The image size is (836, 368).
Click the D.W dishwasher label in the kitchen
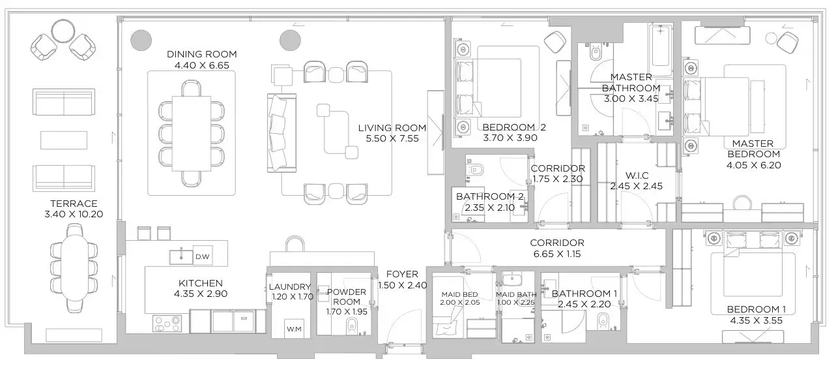tap(203, 256)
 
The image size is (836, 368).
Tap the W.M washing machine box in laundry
tap(294, 328)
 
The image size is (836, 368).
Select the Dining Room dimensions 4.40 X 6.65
tap(201, 65)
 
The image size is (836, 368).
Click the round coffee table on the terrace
tap(63, 31)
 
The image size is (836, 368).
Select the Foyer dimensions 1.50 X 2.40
tap(401, 285)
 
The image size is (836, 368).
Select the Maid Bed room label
tap(459, 294)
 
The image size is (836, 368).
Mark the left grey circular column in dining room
tap(141, 40)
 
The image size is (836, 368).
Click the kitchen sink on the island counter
tap(177, 256)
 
